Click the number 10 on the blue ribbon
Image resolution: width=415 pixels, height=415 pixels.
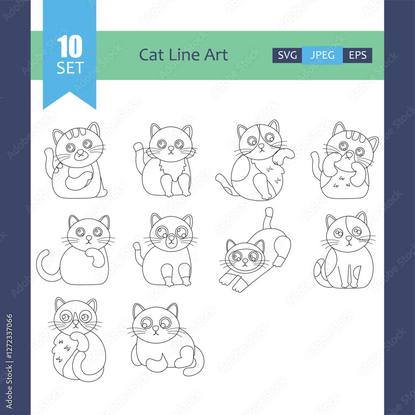pyautogui.click(x=70, y=46)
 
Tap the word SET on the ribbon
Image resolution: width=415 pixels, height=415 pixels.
pyautogui.click(x=70, y=68)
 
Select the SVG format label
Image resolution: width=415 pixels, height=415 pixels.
pyautogui.click(x=287, y=55)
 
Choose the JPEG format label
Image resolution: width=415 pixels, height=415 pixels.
pyautogui.click(x=322, y=55)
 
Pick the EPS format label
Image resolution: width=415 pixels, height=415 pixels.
pyautogui.click(x=358, y=55)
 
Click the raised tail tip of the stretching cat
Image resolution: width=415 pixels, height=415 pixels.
pyautogui.click(x=269, y=212)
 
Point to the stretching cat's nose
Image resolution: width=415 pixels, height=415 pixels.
pyautogui.click(x=245, y=261)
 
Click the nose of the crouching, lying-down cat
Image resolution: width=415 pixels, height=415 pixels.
pyautogui.click(x=156, y=328)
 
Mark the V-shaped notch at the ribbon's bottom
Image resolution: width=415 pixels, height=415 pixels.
pyautogui.click(x=70, y=92)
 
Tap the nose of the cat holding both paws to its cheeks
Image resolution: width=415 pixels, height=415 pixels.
pyautogui.click(x=349, y=155)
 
